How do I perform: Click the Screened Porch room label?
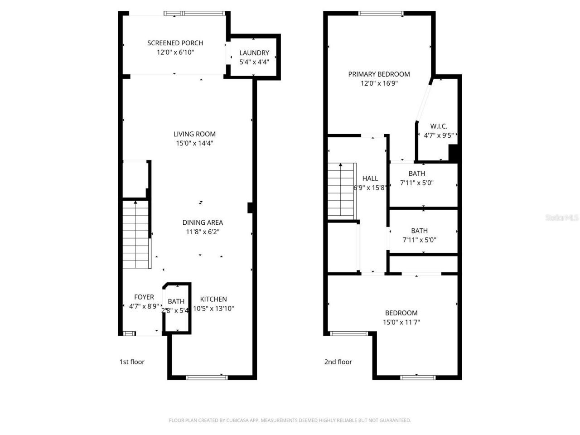pyautogui.click(x=175, y=43)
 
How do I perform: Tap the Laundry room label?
pyautogui.click(x=254, y=53)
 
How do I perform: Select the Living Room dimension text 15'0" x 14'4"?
pyautogui.click(x=194, y=143)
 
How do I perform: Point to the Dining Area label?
pyautogui.click(x=203, y=222)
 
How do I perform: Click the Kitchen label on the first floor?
pyautogui.click(x=213, y=299)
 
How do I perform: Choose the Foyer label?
pyautogui.click(x=144, y=297)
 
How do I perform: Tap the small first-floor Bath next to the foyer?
pyautogui.click(x=176, y=301)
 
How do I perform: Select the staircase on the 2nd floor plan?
pyautogui.click(x=341, y=190)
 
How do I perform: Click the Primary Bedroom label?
pyautogui.click(x=379, y=74)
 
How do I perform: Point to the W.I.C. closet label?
pyautogui.click(x=439, y=126)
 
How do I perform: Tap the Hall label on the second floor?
pyautogui.click(x=370, y=179)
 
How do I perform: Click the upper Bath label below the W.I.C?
pyautogui.click(x=417, y=174)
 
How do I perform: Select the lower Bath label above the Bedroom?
pyautogui.click(x=419, y=231)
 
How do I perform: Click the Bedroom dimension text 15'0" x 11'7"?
pyautogui.click(x=401, y=322)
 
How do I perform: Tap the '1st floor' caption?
pyautogui.click(x=132, y=362)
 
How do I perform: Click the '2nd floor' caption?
pyautogui.click(x=338, y=362)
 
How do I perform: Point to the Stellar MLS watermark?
pyautogui.click(x=562, y=218)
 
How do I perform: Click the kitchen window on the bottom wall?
pyautogui.click(x=207, y=377)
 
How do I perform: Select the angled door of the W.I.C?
pyautogui.click(x=424, y=101)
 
